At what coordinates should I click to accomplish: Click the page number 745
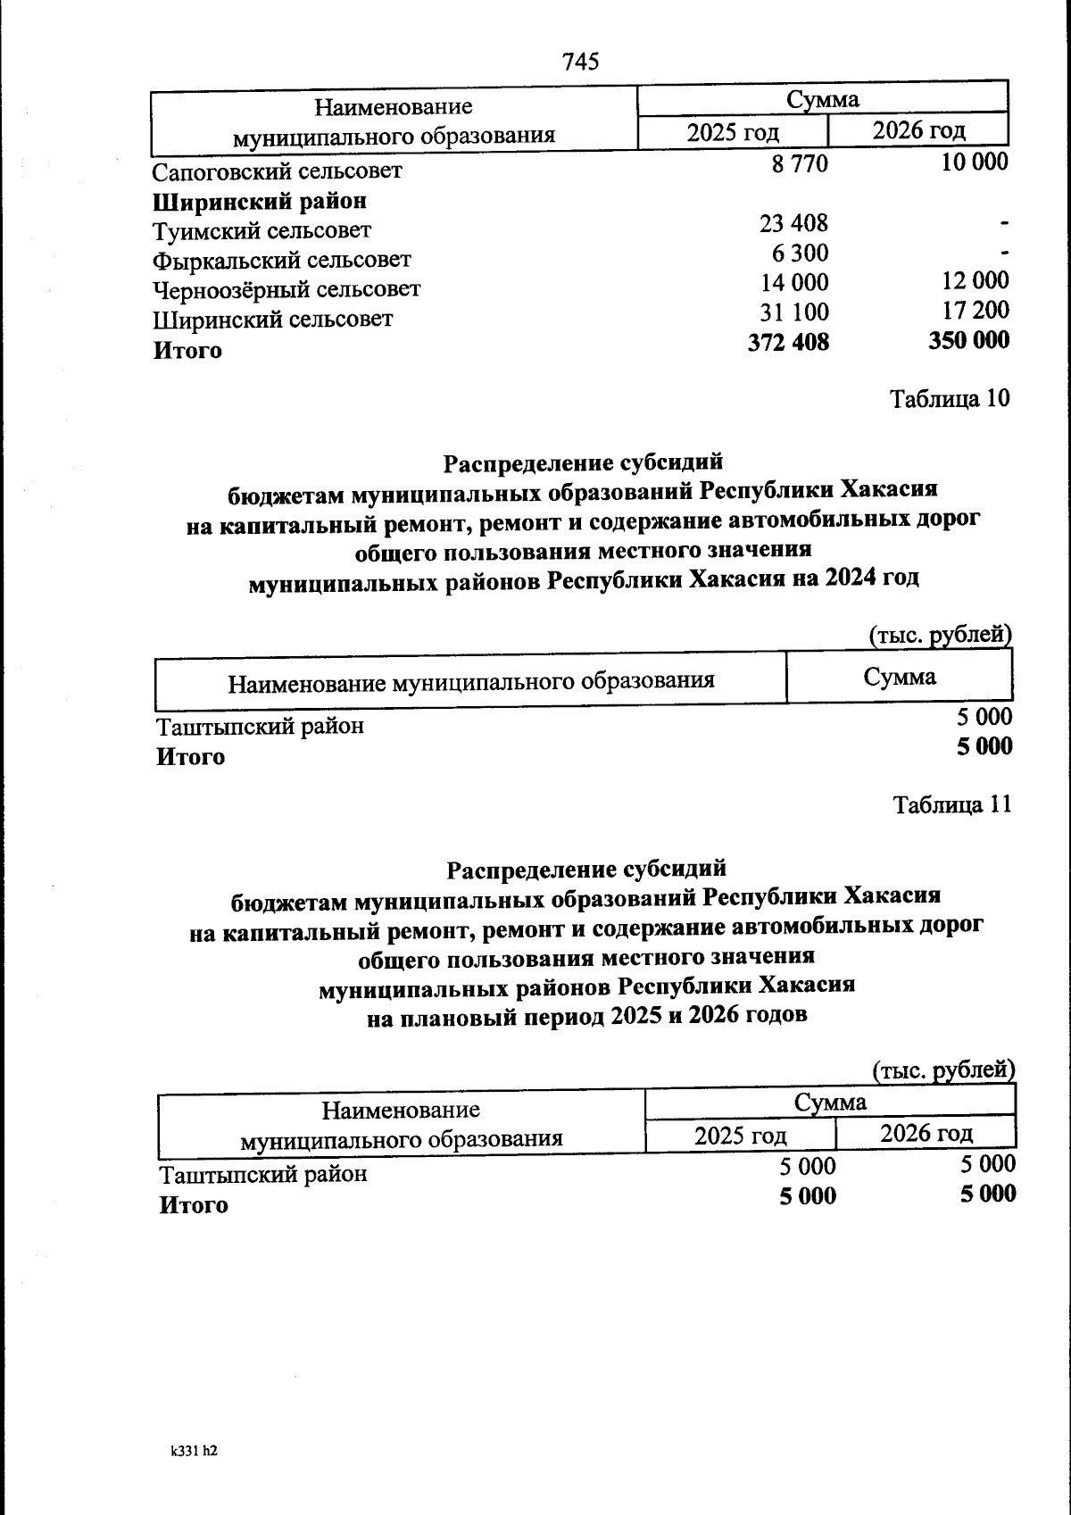pos(580,62)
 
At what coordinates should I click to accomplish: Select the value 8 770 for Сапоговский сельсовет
pos(800,163)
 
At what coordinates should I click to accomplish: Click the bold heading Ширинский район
pos(260,201)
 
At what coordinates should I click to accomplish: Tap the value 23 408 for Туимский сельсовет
pos(793,222)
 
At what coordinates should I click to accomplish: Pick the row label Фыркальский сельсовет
pos(282,260)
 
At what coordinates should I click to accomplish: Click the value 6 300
pos(800,253)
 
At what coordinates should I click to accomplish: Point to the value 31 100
pos(793,312)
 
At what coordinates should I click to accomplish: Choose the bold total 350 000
pos(969,340)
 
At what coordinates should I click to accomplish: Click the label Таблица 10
pos(951,398)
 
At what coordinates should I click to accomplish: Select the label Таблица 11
pos(952,804)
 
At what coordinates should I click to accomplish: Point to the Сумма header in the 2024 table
pos(899,676)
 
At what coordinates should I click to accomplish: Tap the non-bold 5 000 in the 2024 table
pos(984,716)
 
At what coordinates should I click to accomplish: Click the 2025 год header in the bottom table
pos(740,1136)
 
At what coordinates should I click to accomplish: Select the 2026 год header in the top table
pos(918,130)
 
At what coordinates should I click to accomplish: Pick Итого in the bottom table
pos(194,1205)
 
